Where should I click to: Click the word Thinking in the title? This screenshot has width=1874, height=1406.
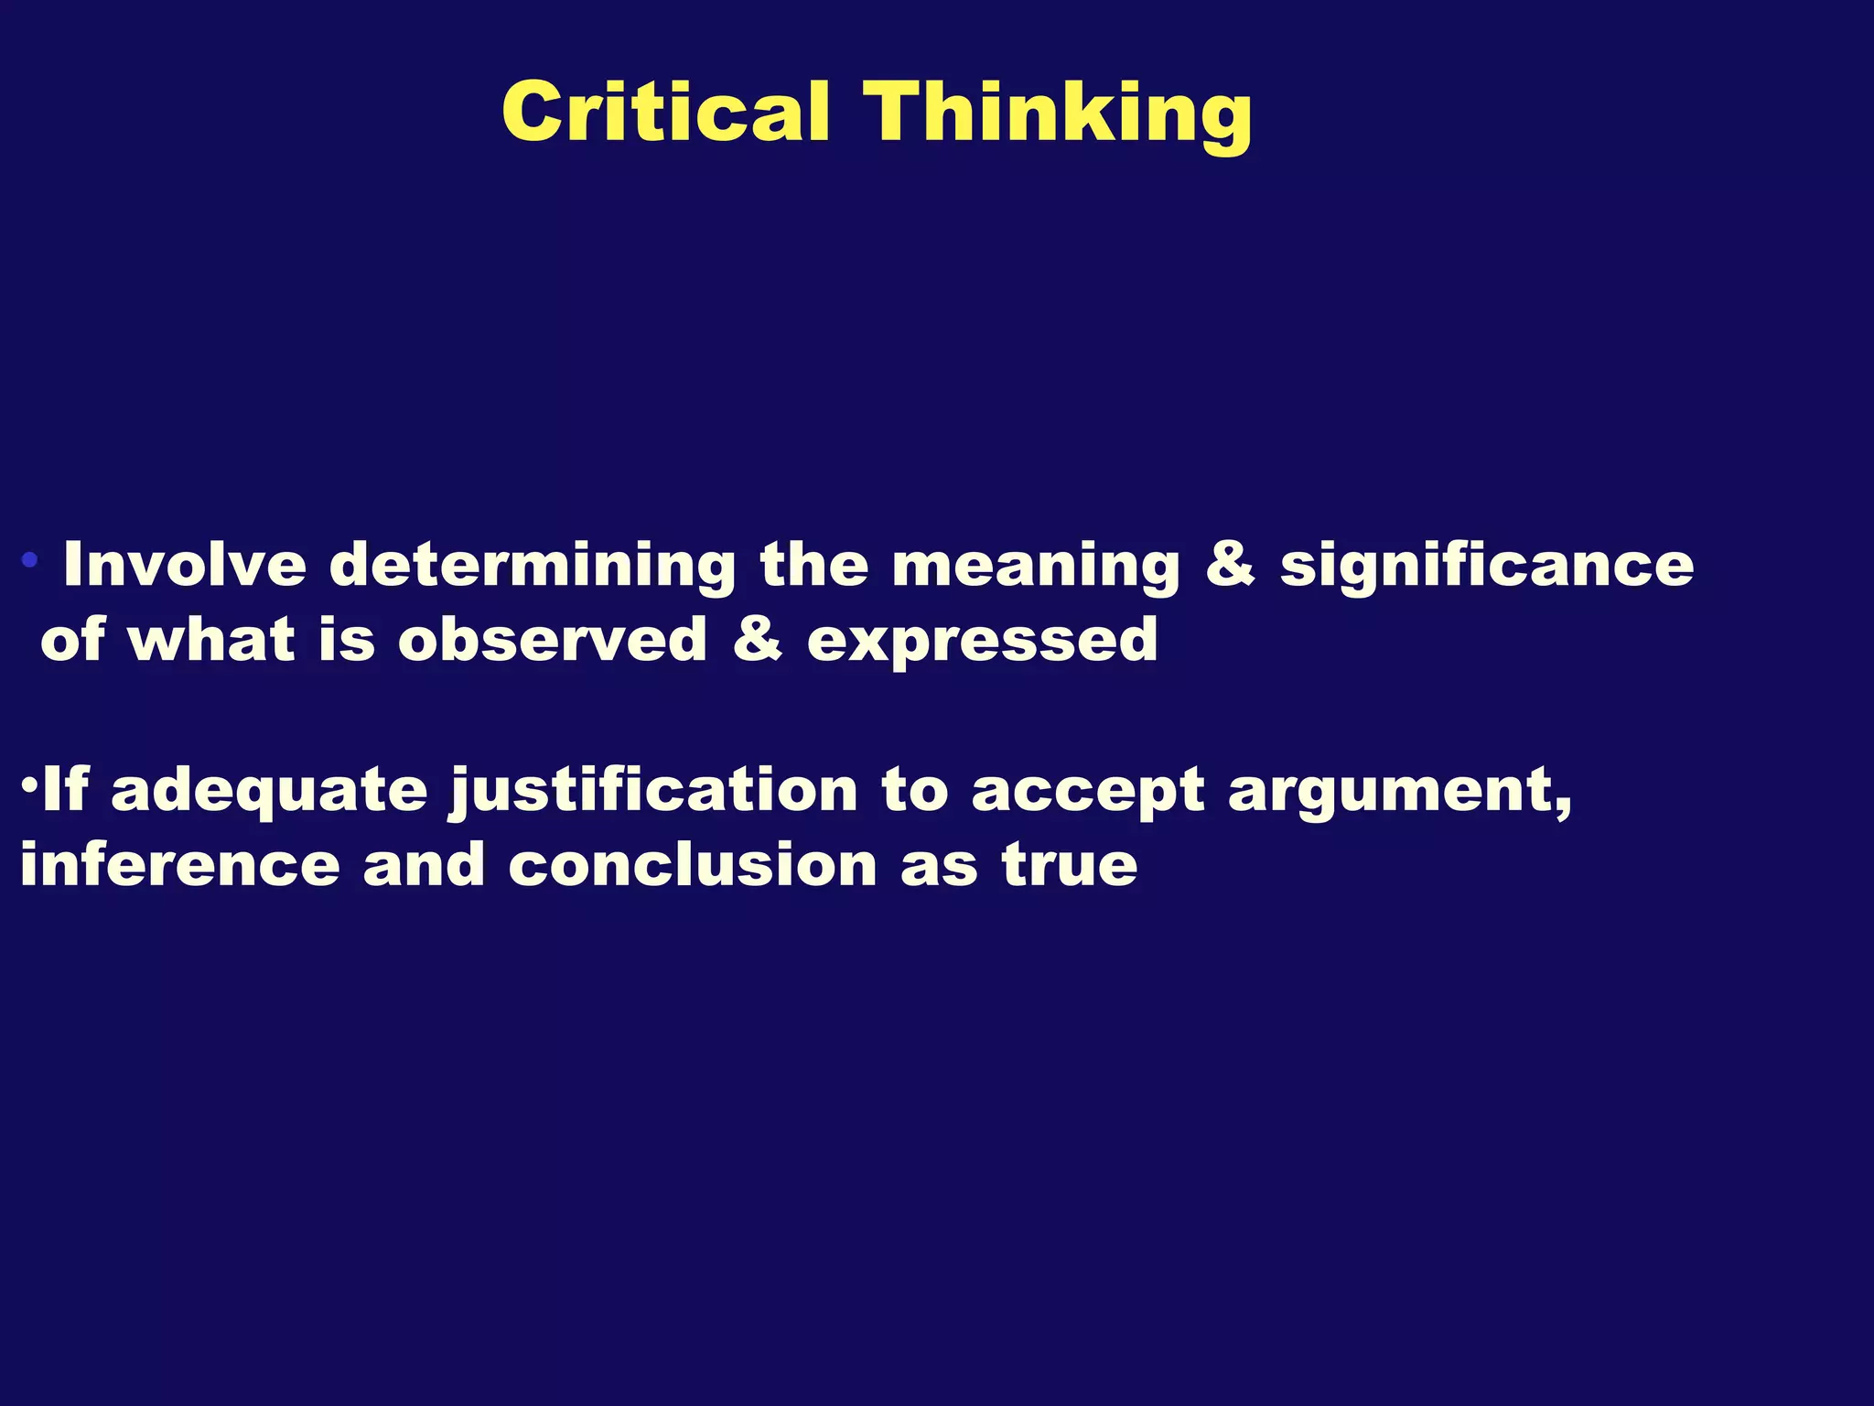click(x=1060, y=114)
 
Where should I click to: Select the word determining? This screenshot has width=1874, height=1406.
click(x=533, y=566)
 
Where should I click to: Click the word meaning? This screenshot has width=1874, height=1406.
click(x=1036, y=566)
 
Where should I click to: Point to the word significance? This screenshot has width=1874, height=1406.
click(x=1486, y=566)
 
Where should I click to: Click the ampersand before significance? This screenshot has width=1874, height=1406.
click(x=1230, y=564)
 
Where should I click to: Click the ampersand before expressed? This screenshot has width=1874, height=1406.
click(x=758, y=639)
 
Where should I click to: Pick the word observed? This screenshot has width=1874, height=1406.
click(x=553, y=639)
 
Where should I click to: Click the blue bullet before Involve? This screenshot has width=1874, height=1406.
click(x=30, y=559)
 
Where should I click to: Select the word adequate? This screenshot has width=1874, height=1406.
click(x=269, y=791)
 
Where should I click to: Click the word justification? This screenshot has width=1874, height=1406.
click(x=653, y=791)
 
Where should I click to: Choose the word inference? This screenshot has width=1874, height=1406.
click(x=179, y=864)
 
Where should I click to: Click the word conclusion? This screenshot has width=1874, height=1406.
click(x=693, y=864)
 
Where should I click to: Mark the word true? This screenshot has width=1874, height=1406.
click(x=1070, y=864)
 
